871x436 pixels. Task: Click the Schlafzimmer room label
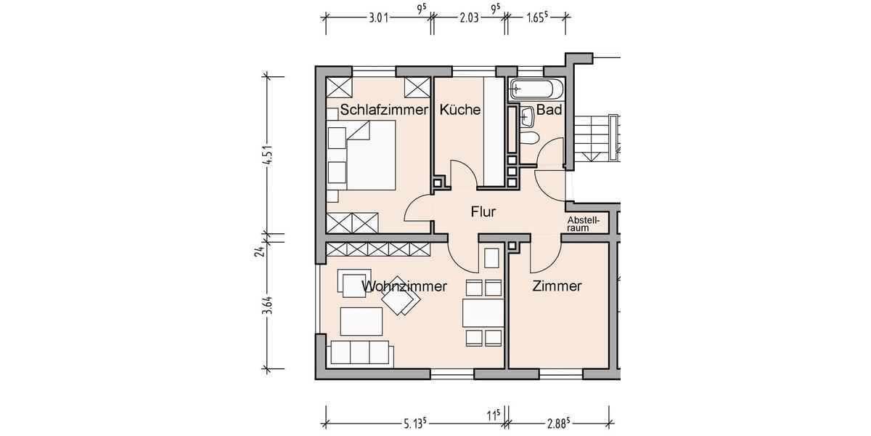(384, 110)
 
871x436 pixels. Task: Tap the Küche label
(459, 110)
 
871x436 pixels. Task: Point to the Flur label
(483, 212)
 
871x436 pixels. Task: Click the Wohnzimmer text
(404, 286)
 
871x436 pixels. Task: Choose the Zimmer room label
(557, 286)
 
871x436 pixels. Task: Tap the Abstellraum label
(584, 224)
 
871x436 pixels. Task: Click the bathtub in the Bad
(536, 89)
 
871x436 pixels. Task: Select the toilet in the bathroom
(529, 138)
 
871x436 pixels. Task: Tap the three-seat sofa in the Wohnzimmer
(361, 352)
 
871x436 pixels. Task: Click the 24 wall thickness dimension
(267, 251)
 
